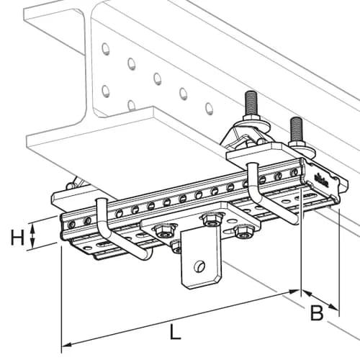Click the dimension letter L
point(174,333)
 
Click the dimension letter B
point(315,312)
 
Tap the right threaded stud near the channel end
point(294,130)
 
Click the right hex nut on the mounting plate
point(243,231)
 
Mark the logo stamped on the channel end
point(320,178)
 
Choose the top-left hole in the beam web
point(106,49)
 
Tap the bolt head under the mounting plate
point(176,248)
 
